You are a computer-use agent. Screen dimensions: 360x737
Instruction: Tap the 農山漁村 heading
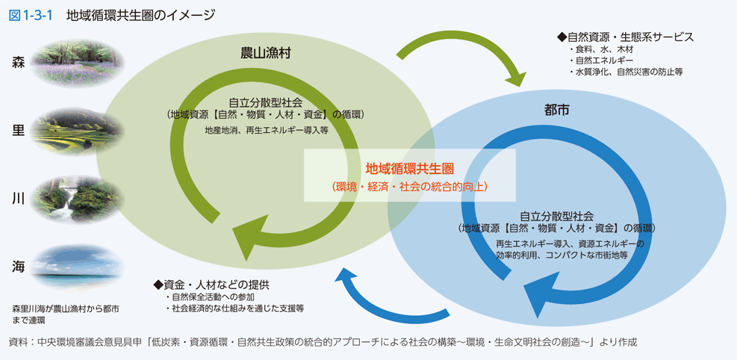[x=260, y=53]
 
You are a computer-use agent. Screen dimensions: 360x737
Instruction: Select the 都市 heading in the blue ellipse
[x=557, y=110]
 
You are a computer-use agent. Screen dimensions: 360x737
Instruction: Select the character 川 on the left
[x=19, y=198]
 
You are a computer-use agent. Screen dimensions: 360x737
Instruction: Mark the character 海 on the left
[x=19, y=267]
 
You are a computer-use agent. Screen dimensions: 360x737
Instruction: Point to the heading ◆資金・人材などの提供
[x=211, y=285]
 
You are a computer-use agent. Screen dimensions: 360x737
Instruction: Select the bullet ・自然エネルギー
[x=601, y=60]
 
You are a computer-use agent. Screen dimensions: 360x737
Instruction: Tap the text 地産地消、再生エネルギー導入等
[x=267, y=129]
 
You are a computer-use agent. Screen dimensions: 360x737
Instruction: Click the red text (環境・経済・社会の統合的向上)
[x=409, y=186]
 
